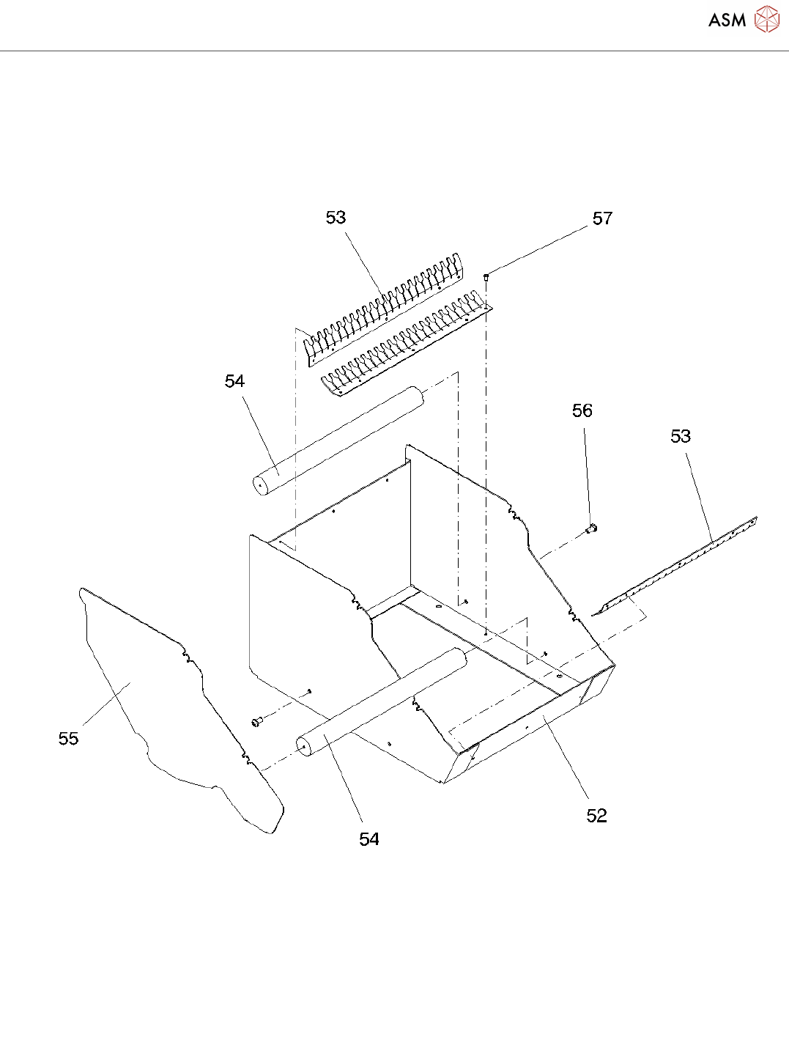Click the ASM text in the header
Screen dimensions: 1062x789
[x=727, y=21]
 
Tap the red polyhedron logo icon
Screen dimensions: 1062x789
[x=767, y=19]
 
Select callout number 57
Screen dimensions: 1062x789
[x=602, y=218]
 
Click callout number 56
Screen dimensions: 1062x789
[x=582, y=410]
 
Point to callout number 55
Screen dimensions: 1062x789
[x=68, y=738]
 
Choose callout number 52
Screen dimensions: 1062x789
[x=596, y=816]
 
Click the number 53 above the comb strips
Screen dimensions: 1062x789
[x=336, y=218]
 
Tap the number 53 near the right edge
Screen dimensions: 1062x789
[x=681, y=436]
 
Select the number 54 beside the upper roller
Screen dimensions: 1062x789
[x=234, y=381]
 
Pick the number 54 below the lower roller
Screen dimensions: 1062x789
[x=369, y=839]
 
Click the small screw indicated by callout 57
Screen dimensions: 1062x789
[x=486, y=277]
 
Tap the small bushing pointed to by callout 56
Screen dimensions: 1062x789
[x=593, y=528]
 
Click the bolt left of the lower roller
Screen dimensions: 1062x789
[x=256, y=723]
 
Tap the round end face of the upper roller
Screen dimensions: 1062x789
[x=259, y=484]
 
